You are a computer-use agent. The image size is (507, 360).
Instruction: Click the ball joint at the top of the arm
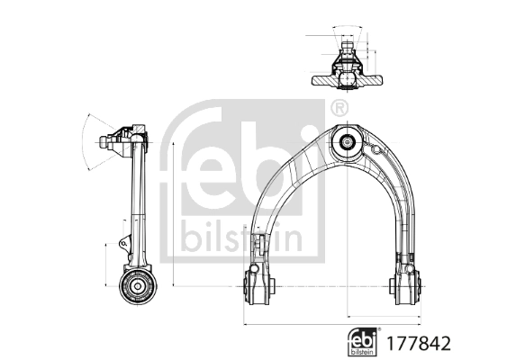346,140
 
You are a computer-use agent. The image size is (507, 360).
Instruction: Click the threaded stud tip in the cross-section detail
345,40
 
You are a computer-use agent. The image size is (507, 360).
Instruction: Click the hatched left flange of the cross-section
322,80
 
